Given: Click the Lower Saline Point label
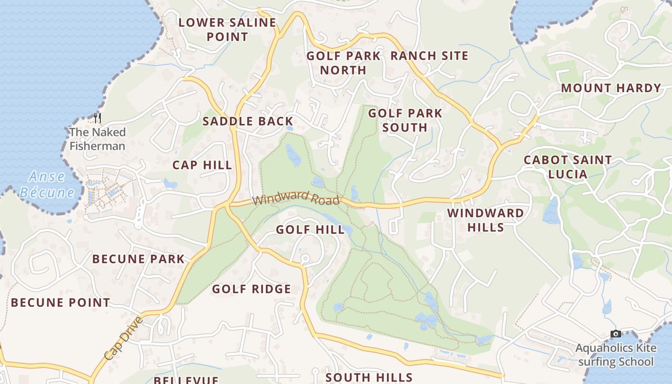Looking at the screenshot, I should click(227, 29).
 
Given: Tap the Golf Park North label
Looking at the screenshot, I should click(343, 63).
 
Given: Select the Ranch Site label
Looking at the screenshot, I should click(429, 56).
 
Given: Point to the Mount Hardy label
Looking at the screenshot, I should click(611, 88).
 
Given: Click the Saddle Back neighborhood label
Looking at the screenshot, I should click(248, 121).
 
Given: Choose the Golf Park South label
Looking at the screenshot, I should click(405, 120).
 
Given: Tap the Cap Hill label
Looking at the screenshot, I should click(202, 165).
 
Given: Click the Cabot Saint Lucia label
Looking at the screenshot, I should click(567, 167).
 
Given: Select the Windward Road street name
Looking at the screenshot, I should click(296, 198).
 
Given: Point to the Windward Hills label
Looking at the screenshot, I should click(486, 220).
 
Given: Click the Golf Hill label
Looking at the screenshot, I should click(310, 230).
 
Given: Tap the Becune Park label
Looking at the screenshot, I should click(138, 259).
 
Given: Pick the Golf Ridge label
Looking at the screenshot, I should click(252, 289).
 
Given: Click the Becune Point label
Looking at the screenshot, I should click(60, 302).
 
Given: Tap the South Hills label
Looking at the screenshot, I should click(369, 377).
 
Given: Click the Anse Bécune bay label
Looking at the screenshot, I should click(47, 184).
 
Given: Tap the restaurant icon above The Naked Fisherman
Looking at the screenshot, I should click(97, 118).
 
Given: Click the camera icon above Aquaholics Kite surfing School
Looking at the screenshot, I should click(615, 334).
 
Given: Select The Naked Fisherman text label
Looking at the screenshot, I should click(97, 139).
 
